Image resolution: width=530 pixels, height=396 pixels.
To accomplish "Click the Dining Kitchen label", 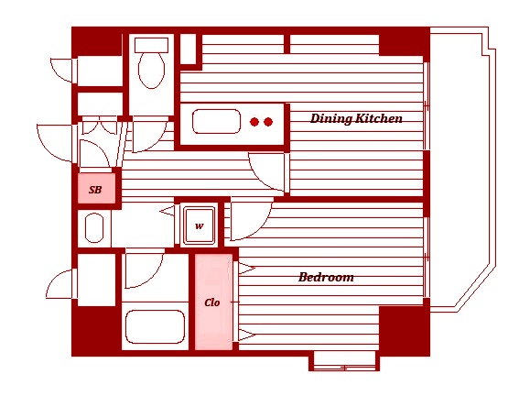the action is [356, 118].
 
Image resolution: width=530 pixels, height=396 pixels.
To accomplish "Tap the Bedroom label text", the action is [326, 277].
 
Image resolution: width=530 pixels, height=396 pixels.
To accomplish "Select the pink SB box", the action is [96, 189].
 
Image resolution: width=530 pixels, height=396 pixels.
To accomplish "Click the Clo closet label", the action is [212, 302].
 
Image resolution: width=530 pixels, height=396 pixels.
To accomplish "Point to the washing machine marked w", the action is [199, 225].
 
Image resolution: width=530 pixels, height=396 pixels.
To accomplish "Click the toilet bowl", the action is [152, 70].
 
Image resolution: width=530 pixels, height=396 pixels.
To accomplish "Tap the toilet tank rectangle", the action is [151, 45].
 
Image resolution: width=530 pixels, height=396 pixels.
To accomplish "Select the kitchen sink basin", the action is [216, 122].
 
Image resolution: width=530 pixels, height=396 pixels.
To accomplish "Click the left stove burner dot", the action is [254, 122].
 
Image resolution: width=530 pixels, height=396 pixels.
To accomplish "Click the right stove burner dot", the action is [268, 122].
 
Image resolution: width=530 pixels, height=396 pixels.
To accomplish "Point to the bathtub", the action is [155, 327].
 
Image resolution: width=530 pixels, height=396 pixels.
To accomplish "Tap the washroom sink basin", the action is [94, 227].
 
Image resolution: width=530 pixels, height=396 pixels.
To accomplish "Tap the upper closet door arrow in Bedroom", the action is [247, 269].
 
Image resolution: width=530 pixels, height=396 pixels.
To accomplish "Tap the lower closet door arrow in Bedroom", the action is [247, 335].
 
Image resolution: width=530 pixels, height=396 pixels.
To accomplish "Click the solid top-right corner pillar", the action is [405, 41].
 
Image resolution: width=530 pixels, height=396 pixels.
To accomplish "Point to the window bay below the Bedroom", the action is [344, 361].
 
